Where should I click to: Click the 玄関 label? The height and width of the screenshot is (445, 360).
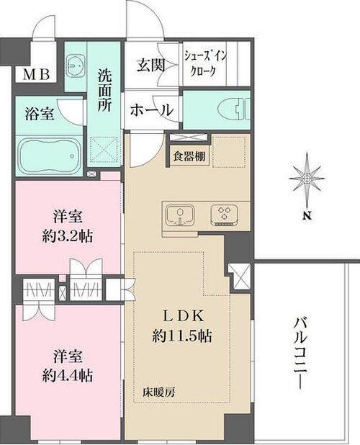coord(151,66)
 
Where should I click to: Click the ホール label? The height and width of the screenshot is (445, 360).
coord(151,110)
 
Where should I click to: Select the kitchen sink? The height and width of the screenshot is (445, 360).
coord(179,215)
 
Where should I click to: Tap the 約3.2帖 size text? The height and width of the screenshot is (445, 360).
coord(70,235)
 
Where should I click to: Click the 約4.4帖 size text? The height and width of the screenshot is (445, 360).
coord(70,374)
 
